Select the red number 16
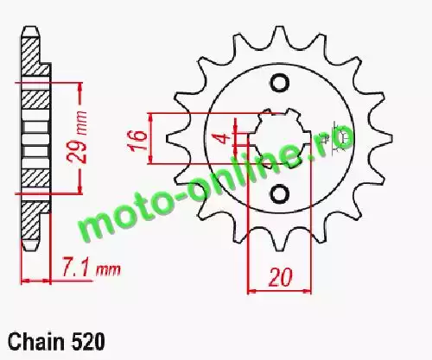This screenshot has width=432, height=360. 137,141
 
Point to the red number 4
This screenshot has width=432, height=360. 225,139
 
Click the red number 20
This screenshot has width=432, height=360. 280,277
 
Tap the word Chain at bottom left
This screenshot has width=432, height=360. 36,342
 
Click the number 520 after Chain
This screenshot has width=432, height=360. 87,342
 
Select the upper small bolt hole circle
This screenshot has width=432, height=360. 279,84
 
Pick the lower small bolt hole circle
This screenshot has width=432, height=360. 279,194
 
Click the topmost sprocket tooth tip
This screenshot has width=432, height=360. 279,28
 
